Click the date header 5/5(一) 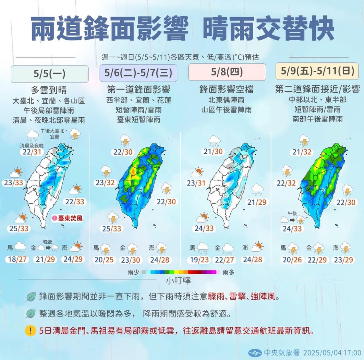click(x=49, y=74)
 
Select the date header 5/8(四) click(x=227, y=72)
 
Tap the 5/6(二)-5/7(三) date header click(x=138, y=73)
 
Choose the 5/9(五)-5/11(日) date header click(x=317, y=71)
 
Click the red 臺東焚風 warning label click(x=67, y=218)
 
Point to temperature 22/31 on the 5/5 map click(x=32, y=152)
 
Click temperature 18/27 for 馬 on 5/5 click(x=17, y=259)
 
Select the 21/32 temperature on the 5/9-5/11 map click(x=302, y=152)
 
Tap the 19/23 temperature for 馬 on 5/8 click(x=199, y=260)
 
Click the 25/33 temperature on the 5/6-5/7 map click(x=111, y=229)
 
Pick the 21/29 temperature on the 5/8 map click(x=257, y=202)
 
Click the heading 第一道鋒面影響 click(x=138, y=90)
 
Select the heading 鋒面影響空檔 click(x=226, y=89)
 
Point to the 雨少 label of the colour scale click(x=133, y=272)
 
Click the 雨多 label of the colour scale click(x=228, y=272)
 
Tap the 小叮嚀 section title click(x=178, y=281)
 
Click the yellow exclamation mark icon click(x=30, y=331)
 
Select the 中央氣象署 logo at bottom click(x=255, y=353)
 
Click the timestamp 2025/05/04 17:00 click(x=332, y=353)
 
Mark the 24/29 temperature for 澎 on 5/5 click(x=73, y=259)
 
